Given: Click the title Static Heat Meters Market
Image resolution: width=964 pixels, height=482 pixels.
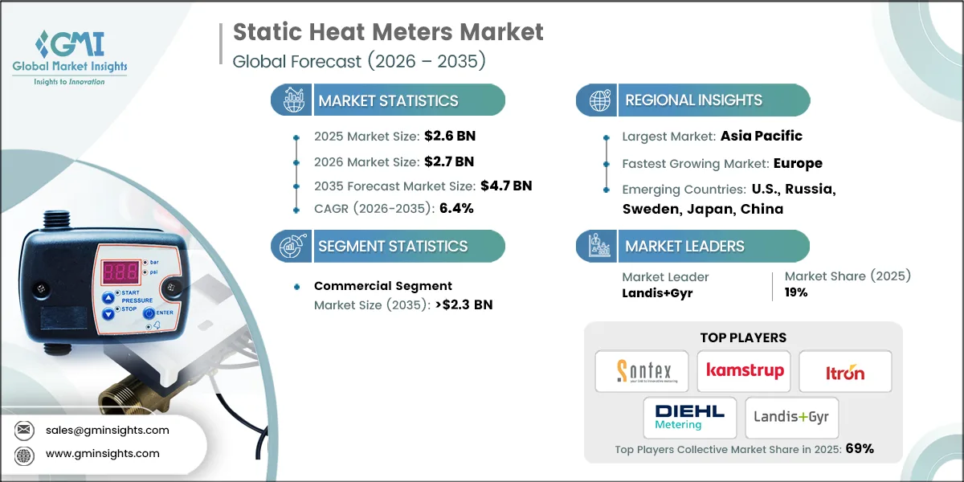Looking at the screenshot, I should point(388,32).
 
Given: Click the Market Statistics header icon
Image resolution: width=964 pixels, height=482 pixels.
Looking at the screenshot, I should point(291,100).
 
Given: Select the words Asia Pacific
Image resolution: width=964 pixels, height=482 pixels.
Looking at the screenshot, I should point(762,136).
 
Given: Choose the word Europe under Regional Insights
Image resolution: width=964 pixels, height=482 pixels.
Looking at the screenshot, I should point(798,163).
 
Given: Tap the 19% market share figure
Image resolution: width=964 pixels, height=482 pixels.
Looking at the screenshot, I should point(796,292).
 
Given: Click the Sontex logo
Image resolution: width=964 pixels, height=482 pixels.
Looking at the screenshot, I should point(641,371).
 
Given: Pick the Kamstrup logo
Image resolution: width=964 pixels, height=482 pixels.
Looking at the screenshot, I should point(743,371).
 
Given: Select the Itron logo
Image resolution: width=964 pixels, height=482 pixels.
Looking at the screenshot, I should point(845,372).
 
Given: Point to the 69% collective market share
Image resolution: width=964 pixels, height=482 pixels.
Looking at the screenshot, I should point(859,449).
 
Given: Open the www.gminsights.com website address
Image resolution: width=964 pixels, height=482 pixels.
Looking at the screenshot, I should point(102,453).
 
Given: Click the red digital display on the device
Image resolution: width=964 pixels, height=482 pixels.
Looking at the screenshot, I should point(117,272).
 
